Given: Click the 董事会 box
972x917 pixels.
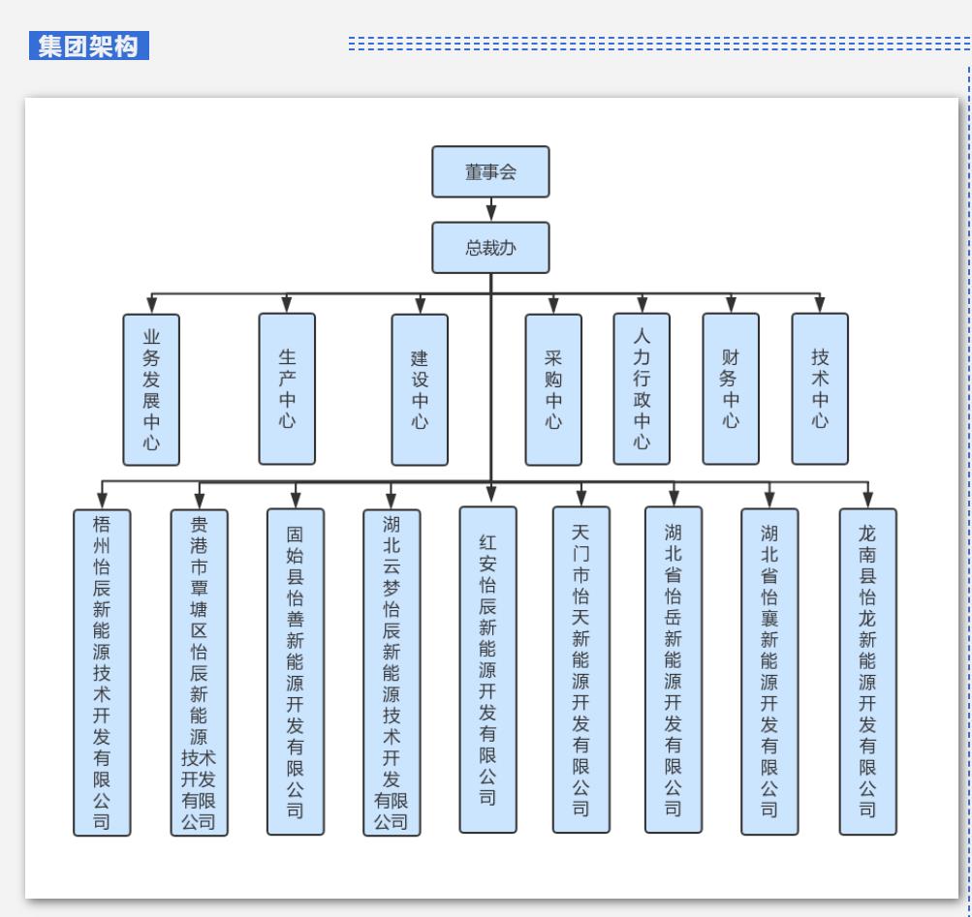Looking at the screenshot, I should point(490,171).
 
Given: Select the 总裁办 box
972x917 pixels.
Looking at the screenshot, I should point(490,247).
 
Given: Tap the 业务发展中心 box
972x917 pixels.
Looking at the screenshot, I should point(151,389).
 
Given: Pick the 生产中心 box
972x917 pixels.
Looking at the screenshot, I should point(287,387).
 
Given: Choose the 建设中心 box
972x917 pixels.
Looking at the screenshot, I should point(420,388).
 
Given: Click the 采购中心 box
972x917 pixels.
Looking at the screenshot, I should point(553,388).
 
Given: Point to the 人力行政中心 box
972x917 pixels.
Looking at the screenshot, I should point(642,388).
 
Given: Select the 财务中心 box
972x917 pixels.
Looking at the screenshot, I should point(731,387).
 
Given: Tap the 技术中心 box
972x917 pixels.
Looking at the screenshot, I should point(820,387).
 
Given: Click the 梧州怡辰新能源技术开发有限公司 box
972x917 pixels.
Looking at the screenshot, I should point(102,672).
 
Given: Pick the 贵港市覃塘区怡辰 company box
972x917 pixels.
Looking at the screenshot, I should point(199,672).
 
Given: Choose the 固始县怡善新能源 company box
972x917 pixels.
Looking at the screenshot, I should point(296,671).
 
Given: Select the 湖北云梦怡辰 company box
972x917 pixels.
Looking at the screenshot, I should point(392,671).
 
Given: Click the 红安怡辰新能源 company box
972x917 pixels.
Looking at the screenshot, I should point(488,669).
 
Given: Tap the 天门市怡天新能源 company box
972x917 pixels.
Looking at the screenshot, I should point(581,669).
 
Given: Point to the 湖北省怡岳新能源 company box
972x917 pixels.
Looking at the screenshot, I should point(674,669).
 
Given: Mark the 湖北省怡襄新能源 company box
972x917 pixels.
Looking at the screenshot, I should point(769,671).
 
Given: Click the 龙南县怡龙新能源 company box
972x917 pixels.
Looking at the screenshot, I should point(867,671).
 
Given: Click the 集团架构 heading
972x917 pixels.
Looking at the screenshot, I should point(89,46).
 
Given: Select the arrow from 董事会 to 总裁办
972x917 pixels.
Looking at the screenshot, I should point(491,209).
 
